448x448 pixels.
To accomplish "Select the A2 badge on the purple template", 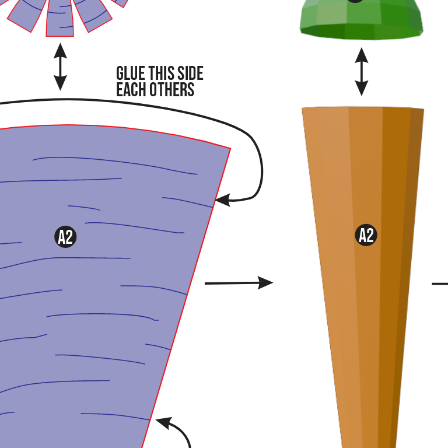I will (x=66, y=237).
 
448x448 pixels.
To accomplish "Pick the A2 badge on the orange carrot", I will (x=366, y=235).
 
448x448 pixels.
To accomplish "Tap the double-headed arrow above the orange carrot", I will (x=362, y=71).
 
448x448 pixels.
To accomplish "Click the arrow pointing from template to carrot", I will (x=239, y=283).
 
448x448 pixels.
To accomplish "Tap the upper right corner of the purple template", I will (x=230, y=149).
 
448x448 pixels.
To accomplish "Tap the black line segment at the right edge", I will (x=440, y=284).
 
